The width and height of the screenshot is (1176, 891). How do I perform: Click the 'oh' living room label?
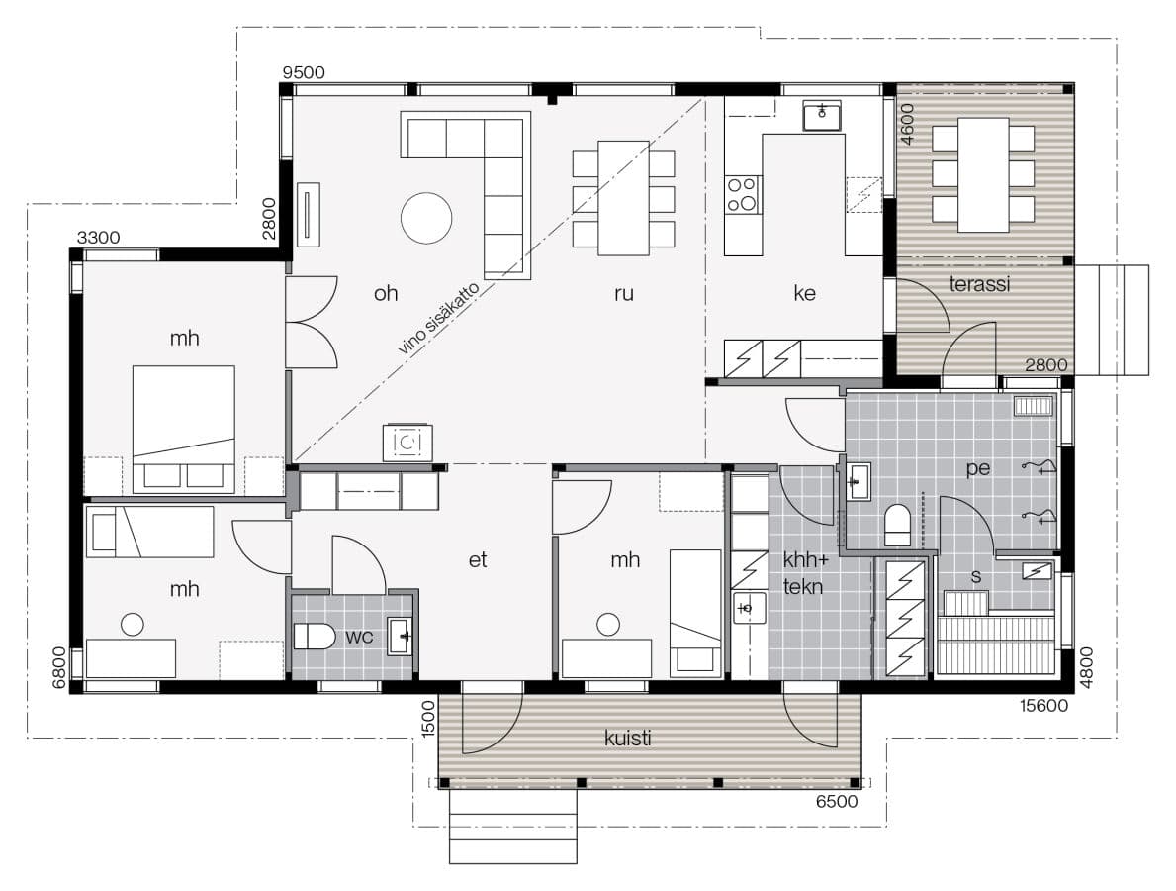pyautogui.click(x=386, y=293)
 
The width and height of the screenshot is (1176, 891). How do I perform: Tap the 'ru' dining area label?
pyautogui.click(x=623, y=294)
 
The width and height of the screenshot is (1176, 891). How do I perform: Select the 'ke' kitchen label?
pyautogui.click(x=804, y=293)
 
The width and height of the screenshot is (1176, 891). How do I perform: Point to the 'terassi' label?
pyautogui.click(x=979, y=284)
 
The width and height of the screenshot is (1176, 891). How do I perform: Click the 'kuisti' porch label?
pyautogui.click(x=628, y=738)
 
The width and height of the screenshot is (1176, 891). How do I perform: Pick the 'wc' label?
pyautogui.click(x=359, y=638)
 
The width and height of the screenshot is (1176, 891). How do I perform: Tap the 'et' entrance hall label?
pyautogui.click(x=477, y=560)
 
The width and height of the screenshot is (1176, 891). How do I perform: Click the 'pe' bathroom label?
pyautogui.click(x=977, y=469)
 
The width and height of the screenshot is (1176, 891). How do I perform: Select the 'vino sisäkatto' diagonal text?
pyautogui.click(x=438, y=319)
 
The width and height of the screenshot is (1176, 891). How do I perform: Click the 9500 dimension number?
pyautogui.click(x=304, y=73)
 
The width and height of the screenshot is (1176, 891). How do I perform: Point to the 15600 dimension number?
pyautogui.click(x=1043, y=706)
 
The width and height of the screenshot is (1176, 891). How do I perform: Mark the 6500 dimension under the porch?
pyautogui.click(x=836, y=802)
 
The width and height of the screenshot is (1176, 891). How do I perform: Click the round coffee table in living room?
pyautogui.click(x=426, y=219)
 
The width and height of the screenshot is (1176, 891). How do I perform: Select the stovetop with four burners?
pyautogui.click(x=743, y=194)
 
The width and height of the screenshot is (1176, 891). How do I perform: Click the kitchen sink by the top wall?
pyautogui.click(x=822, y=117)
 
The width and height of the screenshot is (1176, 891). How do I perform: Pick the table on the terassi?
pyautogui.click(x=983, y=175)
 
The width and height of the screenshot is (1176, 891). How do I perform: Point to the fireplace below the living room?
pyautogui.click(x=407, y=443)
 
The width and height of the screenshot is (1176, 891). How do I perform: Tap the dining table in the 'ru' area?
pyautogui.click(x=623, y=198)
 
